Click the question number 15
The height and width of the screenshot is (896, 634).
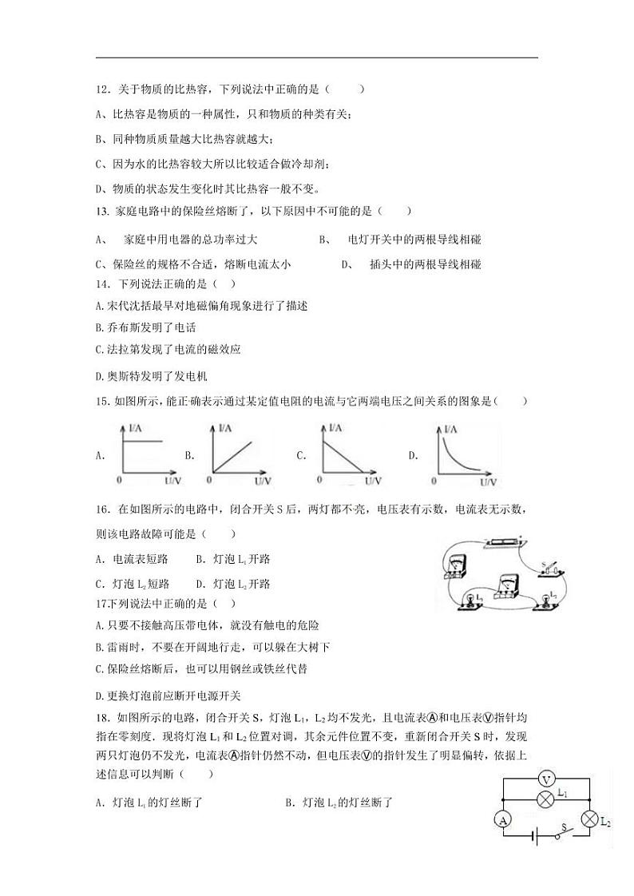tap(101, 401)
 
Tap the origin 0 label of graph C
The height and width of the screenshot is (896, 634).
tap(319, 481)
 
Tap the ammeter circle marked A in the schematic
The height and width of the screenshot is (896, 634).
tap(502, 819)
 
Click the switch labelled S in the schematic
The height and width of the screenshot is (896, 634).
tap(564, 835)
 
